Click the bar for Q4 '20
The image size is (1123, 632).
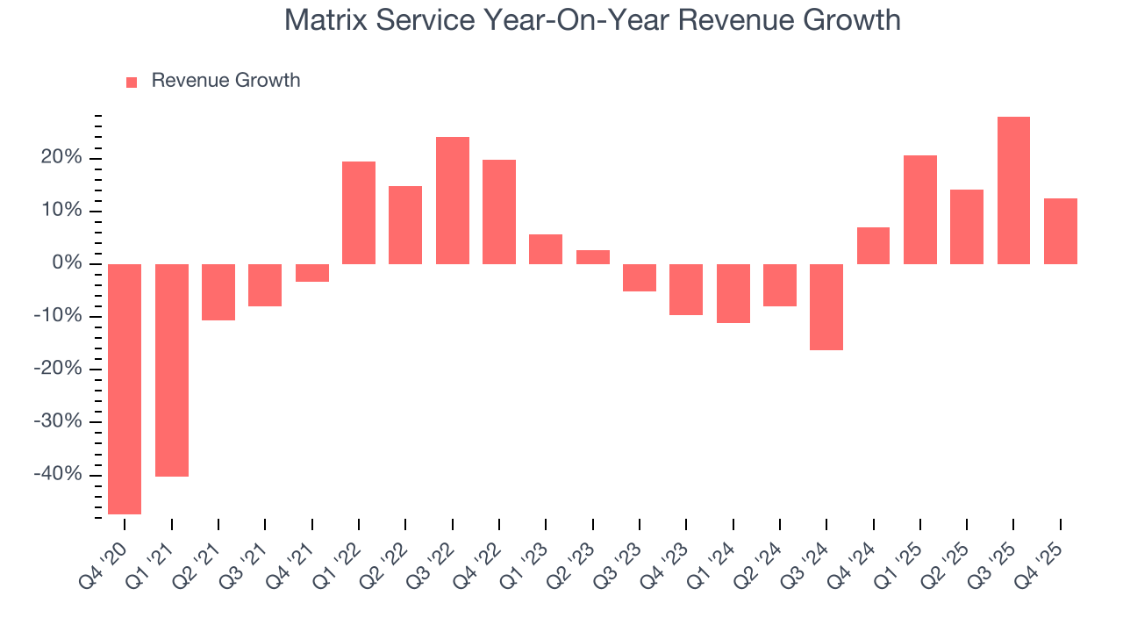click(125, 389)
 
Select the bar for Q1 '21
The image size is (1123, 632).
click(172, 370)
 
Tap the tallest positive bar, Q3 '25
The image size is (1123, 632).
click(1013, 190)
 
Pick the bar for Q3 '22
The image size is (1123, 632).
click(453, 200)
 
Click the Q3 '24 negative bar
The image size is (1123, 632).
click(826, 307)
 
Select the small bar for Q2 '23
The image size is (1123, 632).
click(593, 257)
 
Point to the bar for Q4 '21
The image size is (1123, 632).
click(312, 273)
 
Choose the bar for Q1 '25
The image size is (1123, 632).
click(920, 210)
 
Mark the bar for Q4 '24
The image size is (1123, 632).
click(873, 246)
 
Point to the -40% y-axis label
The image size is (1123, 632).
click(61, 475)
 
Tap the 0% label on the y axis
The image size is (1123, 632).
click(68, 263)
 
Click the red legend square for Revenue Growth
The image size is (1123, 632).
click(132, 82)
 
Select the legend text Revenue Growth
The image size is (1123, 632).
click(225, 81)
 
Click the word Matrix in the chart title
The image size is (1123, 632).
click(325, 20)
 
